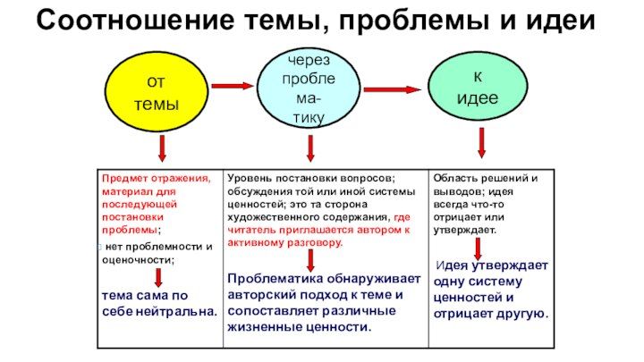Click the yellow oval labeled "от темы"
coord(157,93)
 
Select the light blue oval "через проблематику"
coord(310,88)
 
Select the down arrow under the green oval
coord(481,143)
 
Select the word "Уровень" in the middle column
coord(250,178)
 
